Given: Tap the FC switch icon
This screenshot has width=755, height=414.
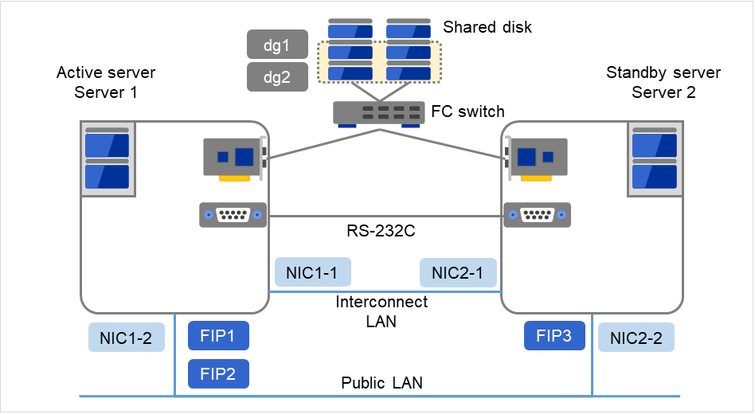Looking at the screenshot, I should coord(378,113).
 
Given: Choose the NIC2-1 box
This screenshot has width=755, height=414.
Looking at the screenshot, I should coord(457,272).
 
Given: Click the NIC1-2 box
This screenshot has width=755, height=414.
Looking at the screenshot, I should coord(126,338).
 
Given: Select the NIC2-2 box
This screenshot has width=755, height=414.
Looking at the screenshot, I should coord(636,338).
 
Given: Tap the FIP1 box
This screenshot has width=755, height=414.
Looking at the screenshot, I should coord(218,336).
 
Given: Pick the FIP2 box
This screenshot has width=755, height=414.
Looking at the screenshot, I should coord(218,373).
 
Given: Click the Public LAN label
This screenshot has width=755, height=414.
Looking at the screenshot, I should coord(381,383).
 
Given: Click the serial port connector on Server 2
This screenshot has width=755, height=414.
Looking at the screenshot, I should coord(536,215).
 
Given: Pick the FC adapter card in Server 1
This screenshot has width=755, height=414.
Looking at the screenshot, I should coord(236,158).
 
